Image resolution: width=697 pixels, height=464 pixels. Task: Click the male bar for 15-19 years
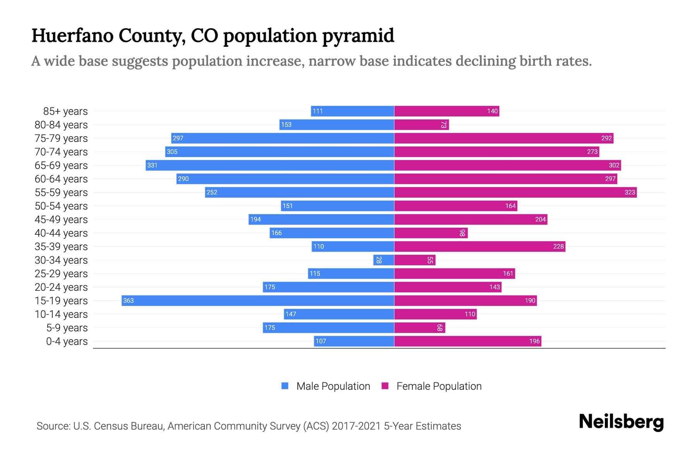click(x=258, y=300)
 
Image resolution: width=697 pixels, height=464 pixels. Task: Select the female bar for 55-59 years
click(x=515, y=192)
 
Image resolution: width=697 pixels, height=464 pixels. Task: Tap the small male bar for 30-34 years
click(x=384, y=260)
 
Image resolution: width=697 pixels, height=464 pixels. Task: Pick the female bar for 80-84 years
click(x=421, y=125)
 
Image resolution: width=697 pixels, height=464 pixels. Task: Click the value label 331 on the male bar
click(x=152, y=165)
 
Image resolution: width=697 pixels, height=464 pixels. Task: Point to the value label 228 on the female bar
click(x=558, y=246)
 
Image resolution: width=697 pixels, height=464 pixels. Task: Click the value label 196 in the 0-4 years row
click(x=534, y=341)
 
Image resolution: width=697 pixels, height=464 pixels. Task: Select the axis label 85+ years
click(x=65, y=111)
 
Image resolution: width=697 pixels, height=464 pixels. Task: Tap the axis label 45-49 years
click(x=61, y=220)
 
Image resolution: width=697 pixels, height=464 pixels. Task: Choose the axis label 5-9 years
click(x=67, y=328)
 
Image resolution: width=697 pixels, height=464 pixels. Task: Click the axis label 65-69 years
click(x=61, y=165)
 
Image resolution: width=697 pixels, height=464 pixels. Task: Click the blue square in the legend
click(x=285, y=386)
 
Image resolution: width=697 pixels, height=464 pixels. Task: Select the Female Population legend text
click(x=439, y=386)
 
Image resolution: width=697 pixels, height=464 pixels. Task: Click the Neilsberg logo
click(x=621, y=422)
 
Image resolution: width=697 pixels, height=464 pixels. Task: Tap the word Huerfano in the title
click(x=73, y=36)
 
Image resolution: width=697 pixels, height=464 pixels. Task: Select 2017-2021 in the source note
click(x=356, y=426)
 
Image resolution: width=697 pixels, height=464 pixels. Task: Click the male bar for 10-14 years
click(x=339, y=314)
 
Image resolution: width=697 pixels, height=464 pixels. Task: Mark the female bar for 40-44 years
click(x=431, y=233)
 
